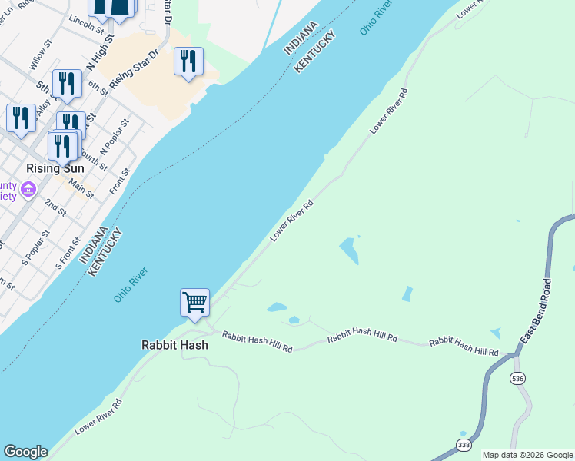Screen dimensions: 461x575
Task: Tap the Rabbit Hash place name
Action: click(174, 345)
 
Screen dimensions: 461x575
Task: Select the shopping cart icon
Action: click(195, 301)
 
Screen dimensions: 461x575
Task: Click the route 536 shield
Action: click(516, 378)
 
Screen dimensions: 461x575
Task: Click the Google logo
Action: click(25, 452)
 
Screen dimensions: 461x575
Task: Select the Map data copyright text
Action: click(527, 455)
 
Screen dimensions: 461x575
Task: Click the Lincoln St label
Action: click(85, 24)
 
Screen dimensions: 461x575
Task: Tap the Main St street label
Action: click(81, 189)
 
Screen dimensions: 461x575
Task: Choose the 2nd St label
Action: click(55, 207)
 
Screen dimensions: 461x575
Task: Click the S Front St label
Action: click(68, 254)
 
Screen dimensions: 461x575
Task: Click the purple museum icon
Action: click(28, 189)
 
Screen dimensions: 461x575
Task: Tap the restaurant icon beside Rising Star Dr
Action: click(188, 61)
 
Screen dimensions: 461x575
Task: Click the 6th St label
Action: click(98, 87)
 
